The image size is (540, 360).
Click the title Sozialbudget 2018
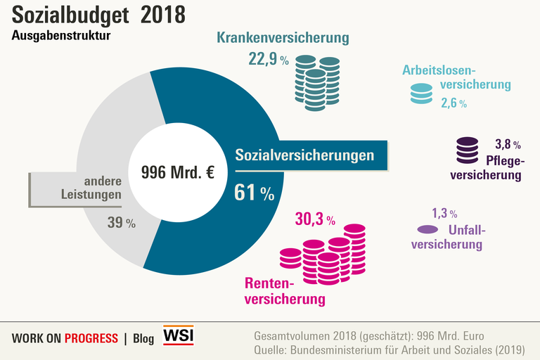click(98, 15)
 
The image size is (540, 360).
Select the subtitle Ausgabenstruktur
click(61, 36)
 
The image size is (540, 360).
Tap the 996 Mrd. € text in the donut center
click(178, 172)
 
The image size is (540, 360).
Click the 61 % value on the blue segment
click(254, 193)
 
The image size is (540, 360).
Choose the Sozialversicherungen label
click(304, 155)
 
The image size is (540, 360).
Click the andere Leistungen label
click(98, 188)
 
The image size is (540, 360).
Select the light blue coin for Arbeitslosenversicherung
click(421, 94)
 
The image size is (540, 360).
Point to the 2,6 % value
click(454, 103)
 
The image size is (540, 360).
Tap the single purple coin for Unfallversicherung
click(427, 229)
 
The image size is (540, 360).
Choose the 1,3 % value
click(444, 213)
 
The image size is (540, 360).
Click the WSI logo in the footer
click(178, 335)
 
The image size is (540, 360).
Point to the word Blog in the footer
click(143, 338)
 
